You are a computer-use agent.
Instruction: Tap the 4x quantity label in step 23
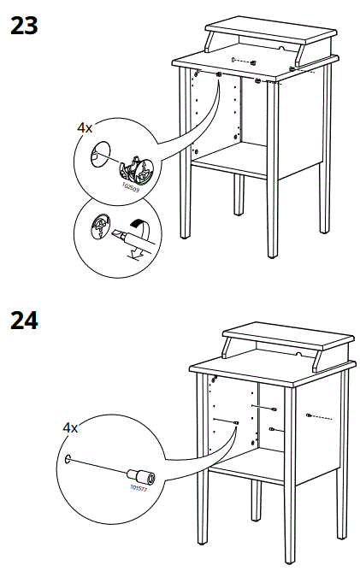coord(85,127)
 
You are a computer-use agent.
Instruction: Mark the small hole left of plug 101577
coord(68,460)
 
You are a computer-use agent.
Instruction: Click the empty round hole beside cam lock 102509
coord(100,155)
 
